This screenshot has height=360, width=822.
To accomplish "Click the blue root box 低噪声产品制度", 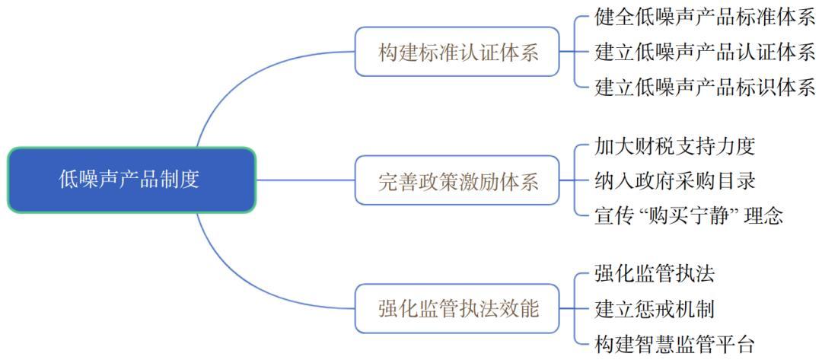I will pyautogui.click(x=131, y=180).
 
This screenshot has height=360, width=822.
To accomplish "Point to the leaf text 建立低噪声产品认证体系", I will pyautogui.click(x=705, y=52).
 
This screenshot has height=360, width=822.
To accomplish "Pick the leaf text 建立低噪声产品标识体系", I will pyautogui.click(x=705, y=86).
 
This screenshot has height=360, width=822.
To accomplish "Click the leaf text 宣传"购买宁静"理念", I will pyautogui.click(x=689, y=215).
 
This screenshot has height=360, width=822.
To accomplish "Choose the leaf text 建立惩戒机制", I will pyautogui.click(x=654, y=309).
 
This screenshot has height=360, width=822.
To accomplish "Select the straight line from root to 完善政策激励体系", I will pyautogui.click(x=304, y=181).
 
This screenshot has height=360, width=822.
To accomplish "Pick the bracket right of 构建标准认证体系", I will pyautogui.click(x=576, y=52).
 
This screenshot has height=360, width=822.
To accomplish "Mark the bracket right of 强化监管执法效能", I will pyautogui.click(x=576, y=309).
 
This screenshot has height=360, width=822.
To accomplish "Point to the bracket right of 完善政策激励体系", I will pyautogui.click(x=576, y=181).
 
